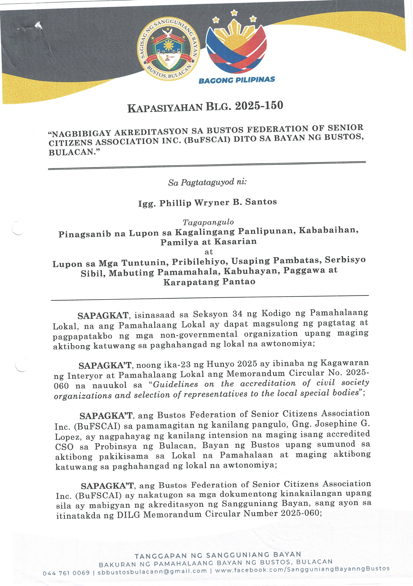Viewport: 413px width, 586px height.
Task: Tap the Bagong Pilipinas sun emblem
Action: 236,43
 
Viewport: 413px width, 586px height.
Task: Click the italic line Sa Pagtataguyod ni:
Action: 207,182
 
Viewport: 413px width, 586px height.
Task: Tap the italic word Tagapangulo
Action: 208,222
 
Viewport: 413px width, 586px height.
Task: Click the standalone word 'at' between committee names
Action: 209,252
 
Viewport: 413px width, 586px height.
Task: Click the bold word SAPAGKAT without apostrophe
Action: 103,316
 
